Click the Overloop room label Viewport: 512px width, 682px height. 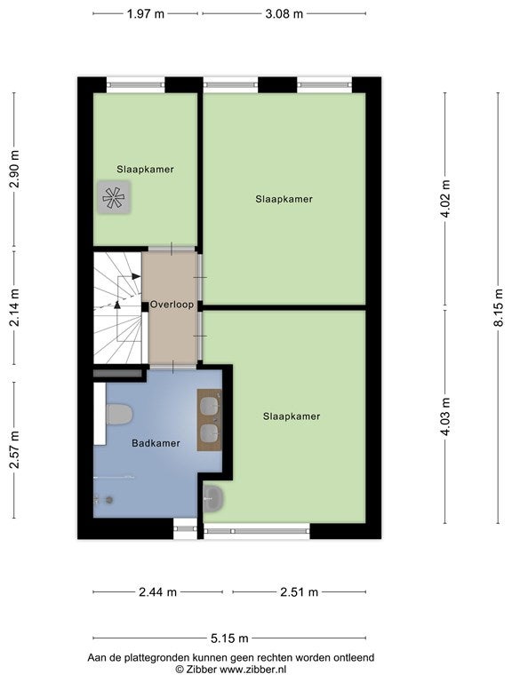172,305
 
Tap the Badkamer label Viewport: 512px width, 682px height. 156,443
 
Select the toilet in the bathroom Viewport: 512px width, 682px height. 119,414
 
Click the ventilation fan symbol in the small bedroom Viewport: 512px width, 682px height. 114,197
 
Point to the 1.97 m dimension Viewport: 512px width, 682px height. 146,14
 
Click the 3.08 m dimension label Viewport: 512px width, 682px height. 284,14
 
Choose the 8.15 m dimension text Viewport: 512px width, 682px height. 499,307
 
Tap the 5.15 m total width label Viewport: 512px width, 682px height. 229,638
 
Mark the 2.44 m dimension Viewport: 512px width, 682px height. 157,592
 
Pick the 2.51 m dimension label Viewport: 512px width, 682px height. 299,592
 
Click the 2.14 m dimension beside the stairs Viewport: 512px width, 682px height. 14,307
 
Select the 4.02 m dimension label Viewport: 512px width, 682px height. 445,198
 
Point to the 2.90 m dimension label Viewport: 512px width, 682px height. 14,169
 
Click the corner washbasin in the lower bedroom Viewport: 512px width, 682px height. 213,498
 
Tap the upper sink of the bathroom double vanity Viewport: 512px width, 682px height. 210,406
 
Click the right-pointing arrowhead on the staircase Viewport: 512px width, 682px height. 136,276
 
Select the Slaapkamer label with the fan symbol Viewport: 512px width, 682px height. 145,170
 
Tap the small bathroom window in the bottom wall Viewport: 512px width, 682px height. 185,529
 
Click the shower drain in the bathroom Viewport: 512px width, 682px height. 109,500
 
